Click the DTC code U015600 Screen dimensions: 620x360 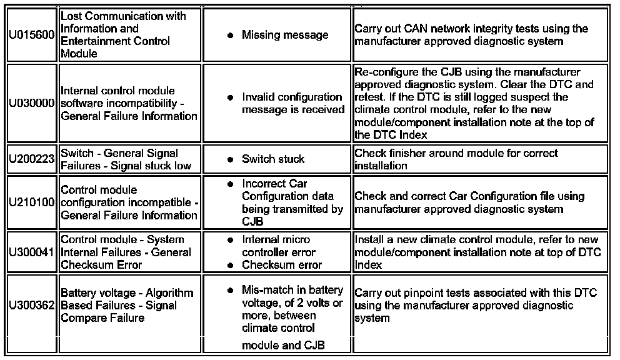32,35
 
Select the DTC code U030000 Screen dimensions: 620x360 32,103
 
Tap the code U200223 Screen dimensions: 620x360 32,159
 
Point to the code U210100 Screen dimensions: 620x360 32,202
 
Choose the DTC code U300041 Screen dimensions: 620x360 32,252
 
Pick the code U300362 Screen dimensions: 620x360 32,306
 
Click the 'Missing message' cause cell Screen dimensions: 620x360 284,35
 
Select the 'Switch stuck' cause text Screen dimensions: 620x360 273,159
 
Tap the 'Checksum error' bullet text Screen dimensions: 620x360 282,264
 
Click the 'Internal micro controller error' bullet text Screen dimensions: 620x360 278,246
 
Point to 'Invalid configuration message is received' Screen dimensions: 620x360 292,103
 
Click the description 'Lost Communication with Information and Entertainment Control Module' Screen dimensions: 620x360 123,34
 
